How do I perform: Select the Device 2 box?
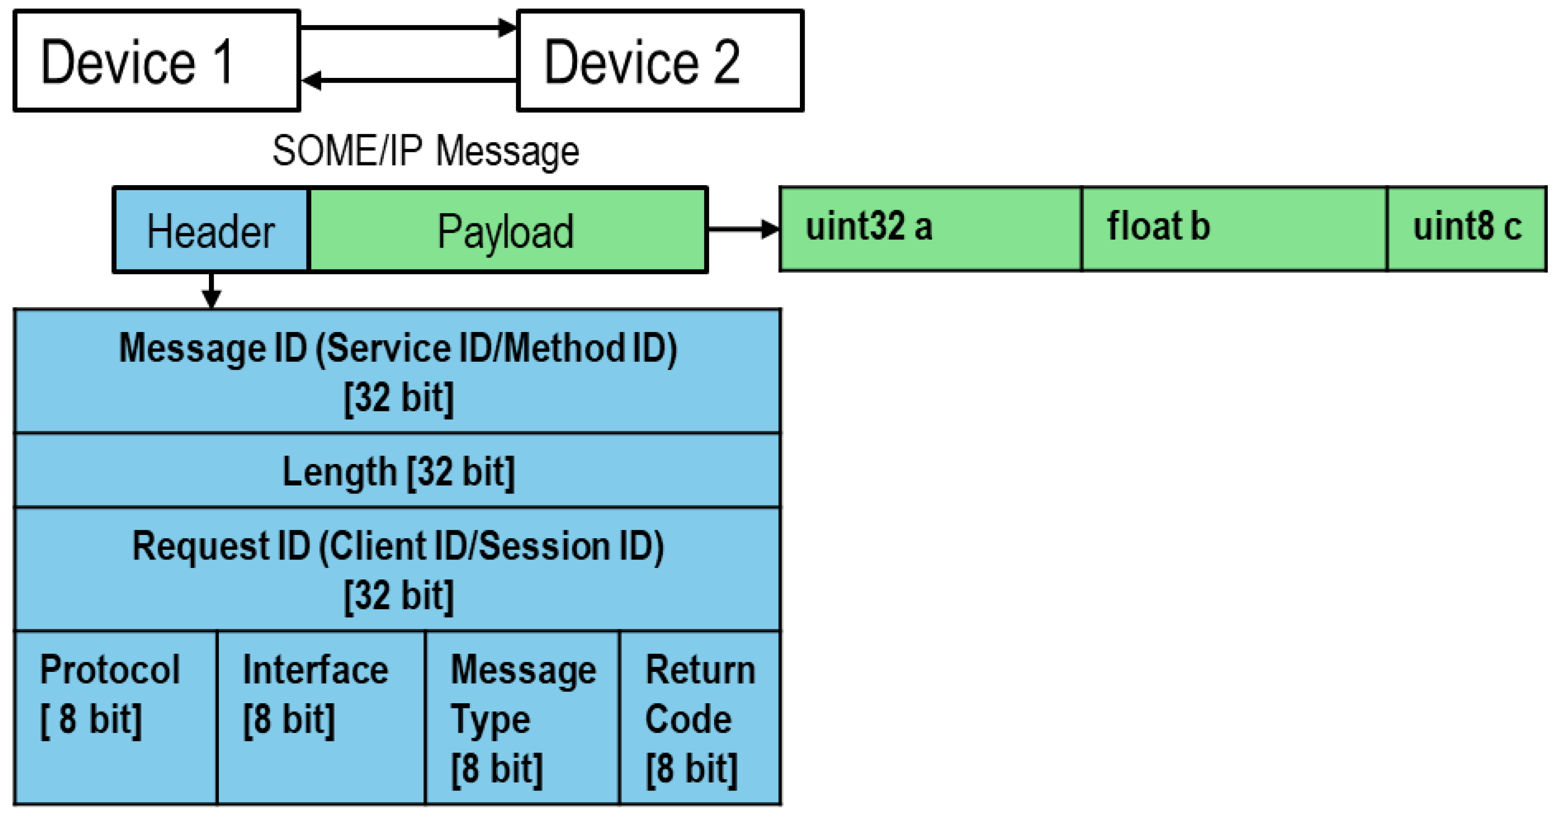[660, 61]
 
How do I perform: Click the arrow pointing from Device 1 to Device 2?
[408, 27]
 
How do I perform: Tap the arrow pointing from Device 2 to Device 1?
[408, 80]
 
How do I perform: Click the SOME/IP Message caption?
[425, 151]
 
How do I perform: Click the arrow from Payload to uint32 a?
[742, 229]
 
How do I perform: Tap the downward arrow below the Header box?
[211, 290]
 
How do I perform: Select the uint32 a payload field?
[930, 228]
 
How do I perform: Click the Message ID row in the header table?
[397, 372]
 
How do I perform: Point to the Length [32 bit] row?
[397, 471]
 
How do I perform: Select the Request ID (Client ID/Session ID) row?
[397, 570]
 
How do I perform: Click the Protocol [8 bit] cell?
[115, 717]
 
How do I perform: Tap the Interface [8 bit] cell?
[320, 717]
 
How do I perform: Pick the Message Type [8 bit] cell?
[522, 717]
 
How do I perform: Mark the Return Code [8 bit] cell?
[700, 717]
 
